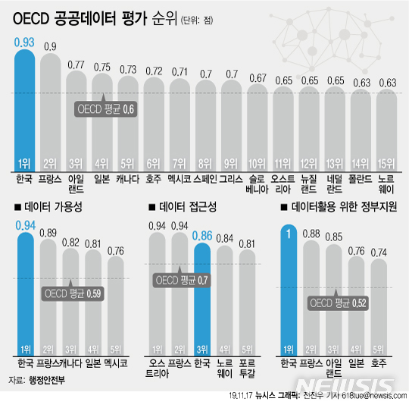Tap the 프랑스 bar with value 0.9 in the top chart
50,114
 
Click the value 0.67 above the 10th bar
257,78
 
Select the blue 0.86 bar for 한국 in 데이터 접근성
203,296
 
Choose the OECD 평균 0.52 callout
341,303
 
